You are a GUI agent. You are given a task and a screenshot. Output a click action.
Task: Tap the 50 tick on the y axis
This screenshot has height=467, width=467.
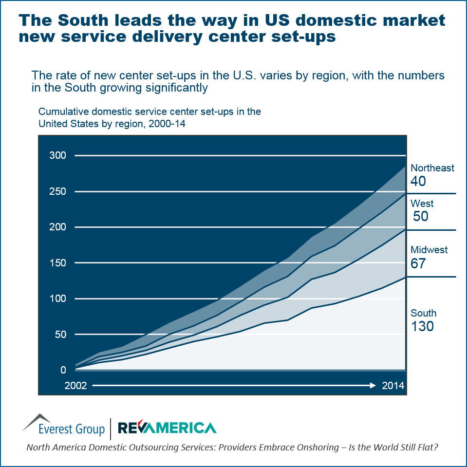pyautogui.click(x=60, y=335)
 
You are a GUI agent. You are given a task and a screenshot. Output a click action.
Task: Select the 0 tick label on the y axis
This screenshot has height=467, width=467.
pyautogui.click(x=63, y=370)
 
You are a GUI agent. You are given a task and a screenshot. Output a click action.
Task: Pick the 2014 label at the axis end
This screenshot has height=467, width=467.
pyautogui.click(x=393, y=386)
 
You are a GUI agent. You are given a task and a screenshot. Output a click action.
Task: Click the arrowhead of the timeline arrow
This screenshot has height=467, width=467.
pyautogui.click(x=373, y=386)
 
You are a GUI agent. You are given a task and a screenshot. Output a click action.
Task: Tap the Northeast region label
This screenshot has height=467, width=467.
pyautogui.click(x=432, y=168)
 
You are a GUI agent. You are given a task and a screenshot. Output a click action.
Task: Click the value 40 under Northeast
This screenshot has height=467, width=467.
pyautogui.click(x=418, y=182)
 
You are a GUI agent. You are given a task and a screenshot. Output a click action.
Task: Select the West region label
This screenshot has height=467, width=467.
pyautogui.click(x=422, y=204)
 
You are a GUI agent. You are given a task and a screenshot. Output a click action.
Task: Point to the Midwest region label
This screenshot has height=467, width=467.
pyautogui.click(x=429, y=250)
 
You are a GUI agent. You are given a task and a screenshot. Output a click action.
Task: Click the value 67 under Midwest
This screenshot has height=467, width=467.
pyautogui.click(x=418, y=263)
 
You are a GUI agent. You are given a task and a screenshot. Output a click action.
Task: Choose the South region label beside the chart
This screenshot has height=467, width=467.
pyautogui.click(x=423, y=313)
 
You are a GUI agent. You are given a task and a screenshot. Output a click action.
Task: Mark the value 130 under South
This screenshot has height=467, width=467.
pyautogui.click(x=422, y=326)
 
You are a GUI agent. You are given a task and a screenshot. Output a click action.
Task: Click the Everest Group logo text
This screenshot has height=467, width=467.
pyautogui.click(x=72, y=429)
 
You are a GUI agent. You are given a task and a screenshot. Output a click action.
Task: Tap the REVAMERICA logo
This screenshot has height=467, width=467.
pyautogui.click(x=167, y=428)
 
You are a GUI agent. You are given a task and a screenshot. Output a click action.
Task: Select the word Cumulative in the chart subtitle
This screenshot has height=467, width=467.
pyautogui.click(x=62, y=112)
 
